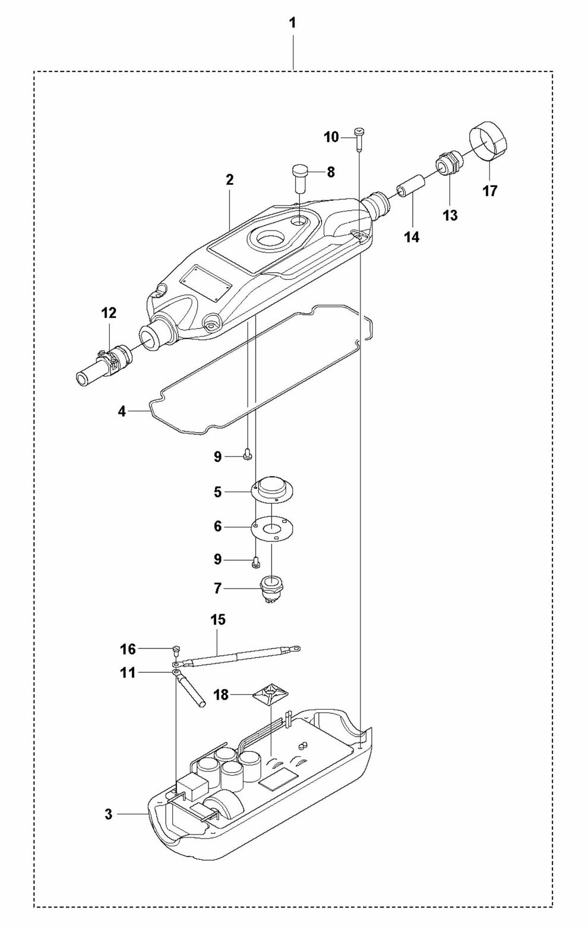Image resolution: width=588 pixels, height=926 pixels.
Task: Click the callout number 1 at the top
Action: tap(292, 24)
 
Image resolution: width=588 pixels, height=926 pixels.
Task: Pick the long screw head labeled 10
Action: tap(359, 132)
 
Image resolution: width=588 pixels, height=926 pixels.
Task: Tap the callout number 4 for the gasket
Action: tap(122, 412)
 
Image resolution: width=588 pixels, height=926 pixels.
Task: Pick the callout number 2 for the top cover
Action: tap(230, 180)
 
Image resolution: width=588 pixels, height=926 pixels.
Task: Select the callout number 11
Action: tap(128, 673)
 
